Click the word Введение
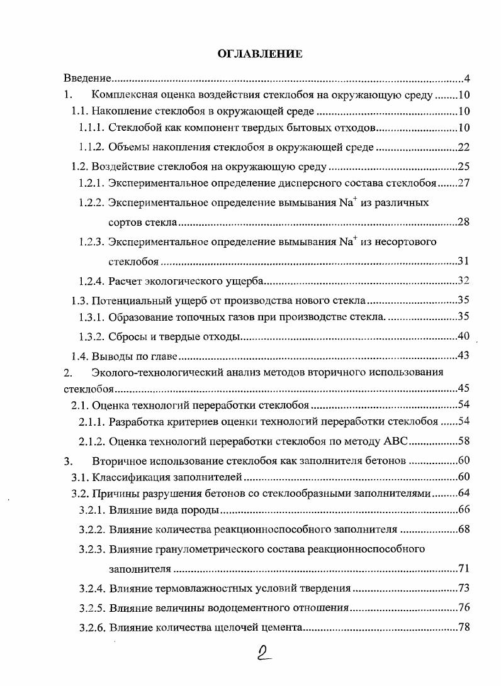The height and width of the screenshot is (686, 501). [x=87, y=79]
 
